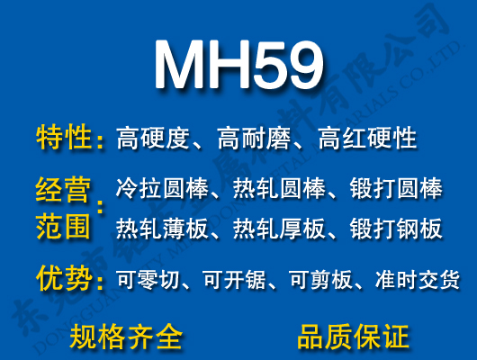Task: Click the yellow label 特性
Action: (64, 139)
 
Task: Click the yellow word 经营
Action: (63, 191)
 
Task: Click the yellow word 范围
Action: (63, 226)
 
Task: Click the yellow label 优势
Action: (64, 280)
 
